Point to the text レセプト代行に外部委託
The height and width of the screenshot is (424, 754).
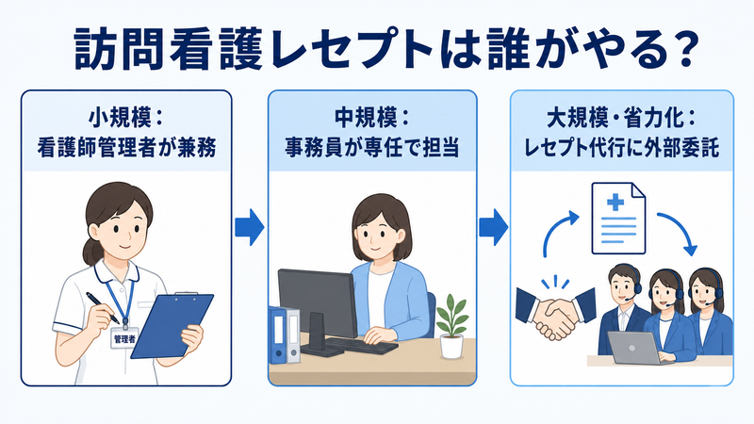[x=621, y=147]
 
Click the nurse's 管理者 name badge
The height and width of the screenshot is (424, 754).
[x=125, y=338]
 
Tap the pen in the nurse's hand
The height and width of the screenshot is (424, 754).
[x=103, y=308]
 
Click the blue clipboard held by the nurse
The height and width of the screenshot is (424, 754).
[x=172, y=325]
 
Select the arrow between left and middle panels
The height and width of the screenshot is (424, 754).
[x=249, y=227]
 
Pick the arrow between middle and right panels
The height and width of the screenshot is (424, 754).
[x=493, y=227]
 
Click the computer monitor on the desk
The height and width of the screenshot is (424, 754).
[x=318, y=309]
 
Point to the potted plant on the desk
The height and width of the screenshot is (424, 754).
[x=451, y=326]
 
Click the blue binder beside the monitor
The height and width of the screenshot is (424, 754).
[x=277, y=334]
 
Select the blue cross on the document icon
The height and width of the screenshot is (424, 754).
[x=615, y=203]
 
